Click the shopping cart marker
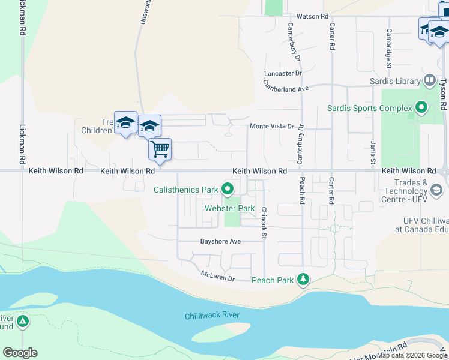coord(160,149)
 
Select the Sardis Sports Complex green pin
coord(421,108)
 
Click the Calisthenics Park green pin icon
coord(228,190)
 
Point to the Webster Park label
coord(230,208)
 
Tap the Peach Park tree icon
coord(304,280)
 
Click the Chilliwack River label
coord(212,316)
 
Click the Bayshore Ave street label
coord(220,241)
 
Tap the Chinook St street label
coord(264,223)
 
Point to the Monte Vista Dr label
coord(272,127)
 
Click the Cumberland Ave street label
coord(286,88)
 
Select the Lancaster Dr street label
coord(283,73)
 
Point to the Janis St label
coord(372,153)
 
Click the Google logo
coord(20,353)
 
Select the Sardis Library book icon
coord(429,80)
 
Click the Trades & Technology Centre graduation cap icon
coord(436,190)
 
